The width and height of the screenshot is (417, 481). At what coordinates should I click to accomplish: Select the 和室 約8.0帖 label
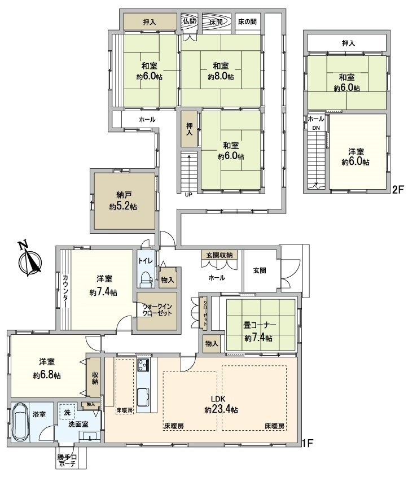tap(220, 71)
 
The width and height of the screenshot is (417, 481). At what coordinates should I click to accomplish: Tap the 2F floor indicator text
tap(398, 190)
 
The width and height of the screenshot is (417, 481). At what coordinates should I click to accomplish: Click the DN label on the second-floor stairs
tap(315, 128)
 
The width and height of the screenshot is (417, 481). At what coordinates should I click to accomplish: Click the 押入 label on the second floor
tap(349, 43)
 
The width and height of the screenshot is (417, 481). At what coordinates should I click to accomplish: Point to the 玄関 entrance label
tap(260, 270)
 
